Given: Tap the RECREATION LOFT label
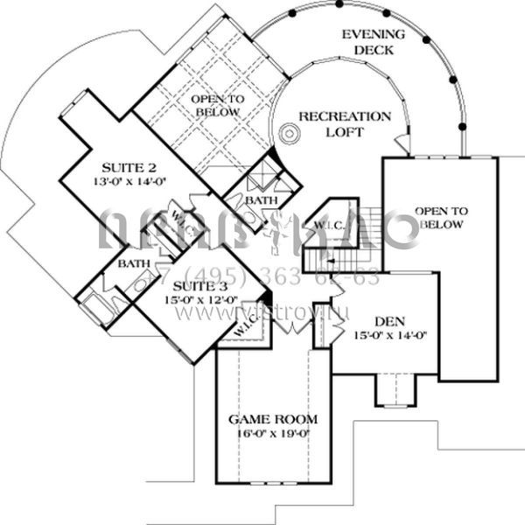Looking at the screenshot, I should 344,123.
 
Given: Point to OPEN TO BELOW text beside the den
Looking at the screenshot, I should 441,218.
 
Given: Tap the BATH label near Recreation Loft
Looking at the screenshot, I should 261,200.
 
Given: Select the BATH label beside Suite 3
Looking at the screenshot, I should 134,262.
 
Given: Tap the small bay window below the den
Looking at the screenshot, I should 394,390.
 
